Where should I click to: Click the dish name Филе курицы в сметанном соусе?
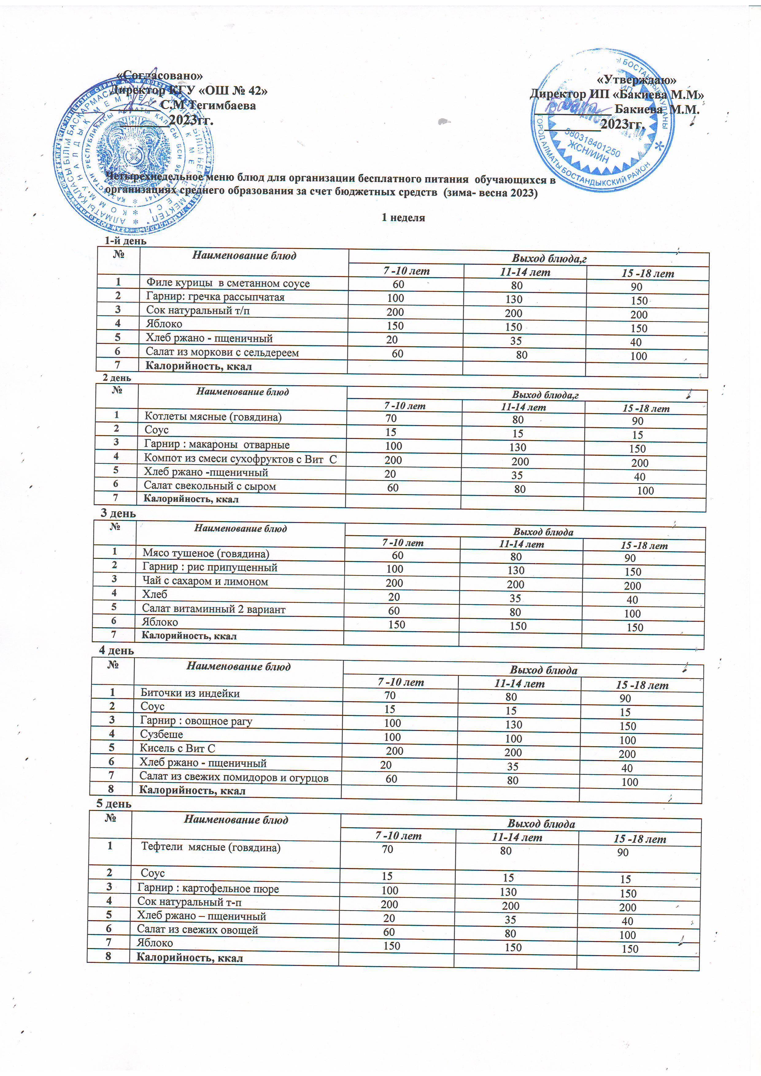[x=228, y=283]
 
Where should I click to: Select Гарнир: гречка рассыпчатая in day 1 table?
[x=215, y=297]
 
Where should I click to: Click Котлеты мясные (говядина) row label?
[x=213, y=416]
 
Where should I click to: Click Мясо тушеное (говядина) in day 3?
[x=206, y=553]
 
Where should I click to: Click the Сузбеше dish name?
[x=161, y=734]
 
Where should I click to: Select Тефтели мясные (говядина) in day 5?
[x=211, y=847]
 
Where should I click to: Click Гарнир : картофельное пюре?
[x=208, y=889]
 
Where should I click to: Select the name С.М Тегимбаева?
[x=208, y=106]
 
